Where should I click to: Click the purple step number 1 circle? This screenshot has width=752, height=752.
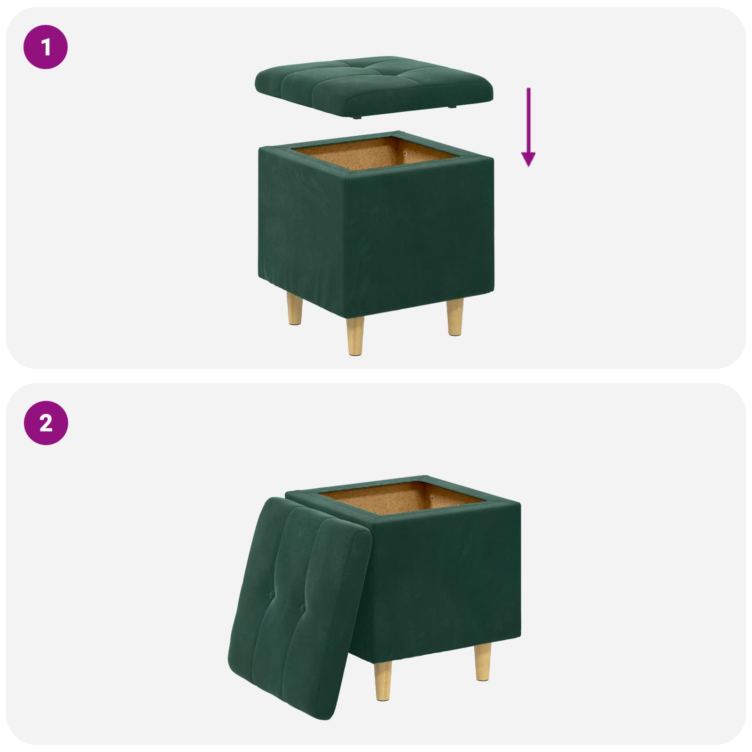point(46,47)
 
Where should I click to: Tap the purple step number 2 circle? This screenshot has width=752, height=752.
point(46,423)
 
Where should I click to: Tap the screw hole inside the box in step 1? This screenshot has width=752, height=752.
point(405,153)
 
